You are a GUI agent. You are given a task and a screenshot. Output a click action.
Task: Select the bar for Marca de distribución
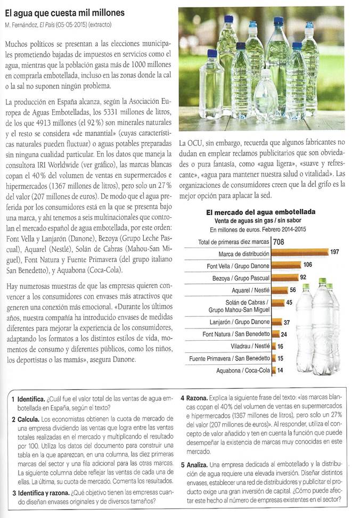(x=299, y=252)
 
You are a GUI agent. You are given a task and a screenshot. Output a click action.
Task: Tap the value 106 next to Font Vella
(x=308, y=265)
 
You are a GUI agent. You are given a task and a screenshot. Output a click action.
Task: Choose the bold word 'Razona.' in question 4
(x=198, y=398)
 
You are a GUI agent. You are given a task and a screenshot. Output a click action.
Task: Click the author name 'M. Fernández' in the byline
(x=23, y=26)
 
